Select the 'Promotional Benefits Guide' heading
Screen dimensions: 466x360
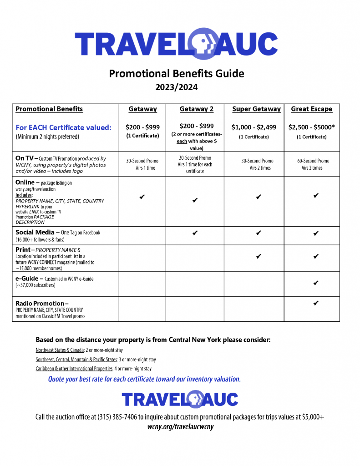tap(177, 73)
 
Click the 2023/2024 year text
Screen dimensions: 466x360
tap(177, 87)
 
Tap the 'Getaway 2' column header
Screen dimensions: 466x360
tap(196, 109)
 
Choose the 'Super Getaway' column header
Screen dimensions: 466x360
tap(256, 109)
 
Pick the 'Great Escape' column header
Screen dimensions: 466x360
tap(311, 109)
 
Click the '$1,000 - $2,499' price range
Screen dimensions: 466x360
tap(254, 127)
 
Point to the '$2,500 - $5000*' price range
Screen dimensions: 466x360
tap(311, 127)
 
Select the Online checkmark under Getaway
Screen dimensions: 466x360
tap(142, 197)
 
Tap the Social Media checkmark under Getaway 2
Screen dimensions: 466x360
tap(195, 233)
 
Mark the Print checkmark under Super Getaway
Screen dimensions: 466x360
tap(259, 256)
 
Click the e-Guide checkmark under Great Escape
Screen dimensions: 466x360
tap(316, 283)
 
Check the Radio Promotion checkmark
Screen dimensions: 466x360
tap(316, 303)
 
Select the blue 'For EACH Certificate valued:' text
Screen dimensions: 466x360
tap(64, 127)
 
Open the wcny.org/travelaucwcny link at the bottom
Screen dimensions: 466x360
tap(180, 427)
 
